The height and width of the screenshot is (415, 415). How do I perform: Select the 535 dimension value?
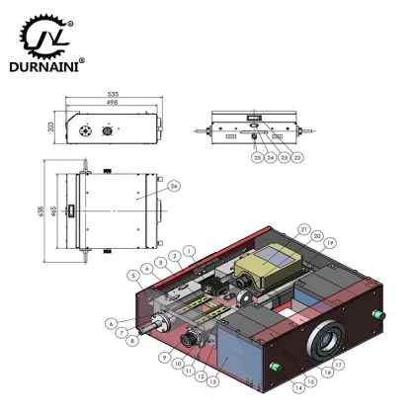(117, 95)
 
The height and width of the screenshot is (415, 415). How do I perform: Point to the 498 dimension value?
(116, 103)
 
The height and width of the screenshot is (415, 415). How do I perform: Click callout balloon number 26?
(174, 185)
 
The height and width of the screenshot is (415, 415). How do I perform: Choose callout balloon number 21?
(304, 229)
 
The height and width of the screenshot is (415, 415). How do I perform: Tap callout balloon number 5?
(133, 275)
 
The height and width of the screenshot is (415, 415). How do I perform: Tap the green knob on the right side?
(376, 313)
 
